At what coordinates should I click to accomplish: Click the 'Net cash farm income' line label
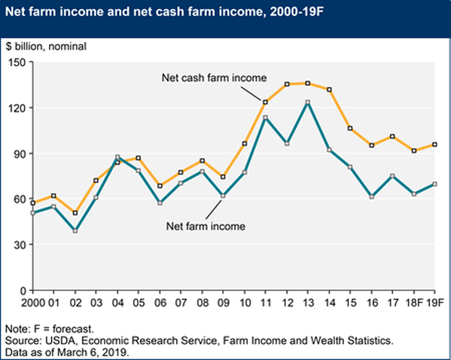(x=214, y=77)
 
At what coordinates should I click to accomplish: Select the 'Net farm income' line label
(x=206, y=227)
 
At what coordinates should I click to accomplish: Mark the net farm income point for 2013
(x=307, y=102)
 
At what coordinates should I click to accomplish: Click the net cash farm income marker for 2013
(x=307, y=84)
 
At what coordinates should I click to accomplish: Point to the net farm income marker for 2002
(x=75, y=231)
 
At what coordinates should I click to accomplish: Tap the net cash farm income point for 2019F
(x=434, y=144)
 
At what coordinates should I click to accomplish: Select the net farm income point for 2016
(x=371, y=197)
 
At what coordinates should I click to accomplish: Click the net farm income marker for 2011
(x=265, y=118)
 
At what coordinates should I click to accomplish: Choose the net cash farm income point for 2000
(x=33, y=203)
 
